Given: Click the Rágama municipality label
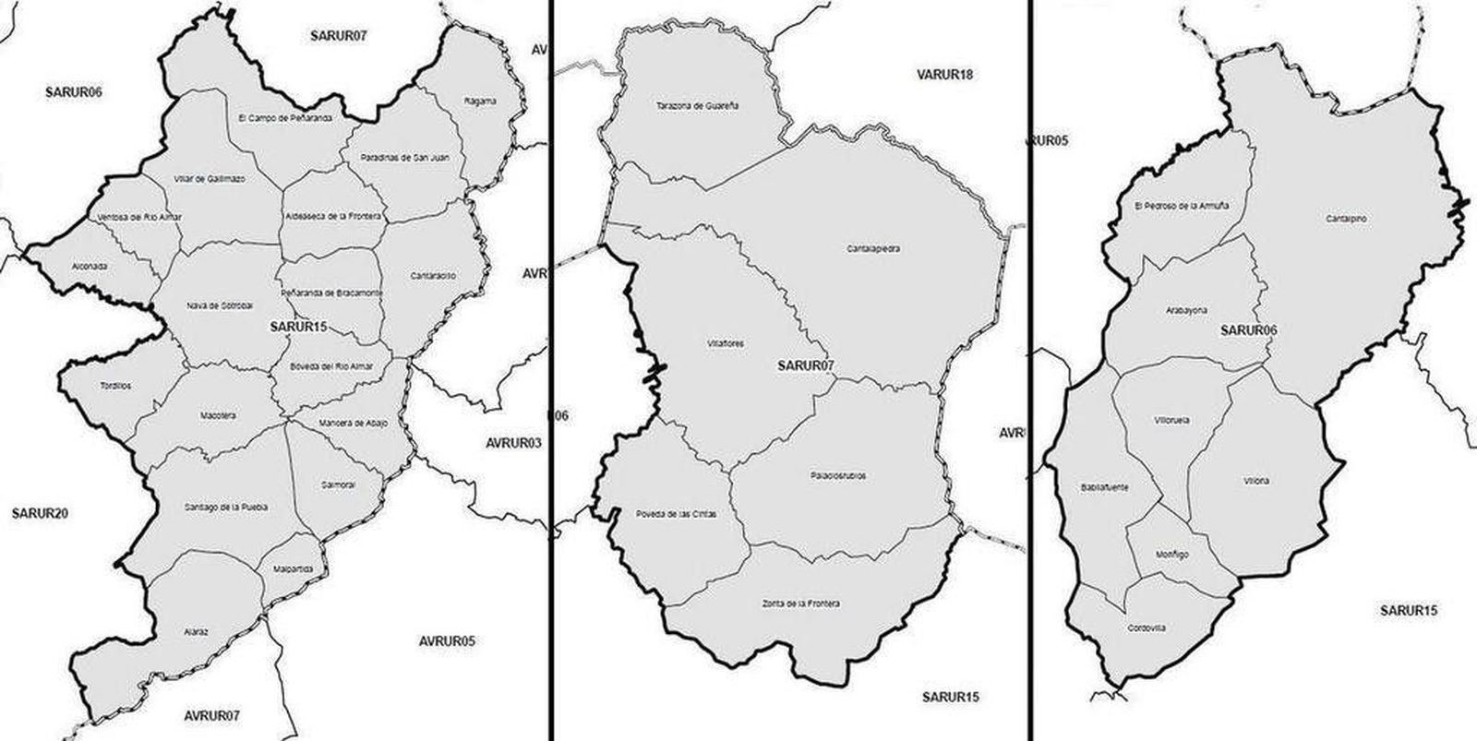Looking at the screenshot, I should click(481, 101).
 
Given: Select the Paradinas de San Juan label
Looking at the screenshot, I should click(404, 158).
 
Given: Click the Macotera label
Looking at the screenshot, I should click(218, 415).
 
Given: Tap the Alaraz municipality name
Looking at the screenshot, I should click(195, 632).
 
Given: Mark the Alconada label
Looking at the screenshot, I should click(89, 266).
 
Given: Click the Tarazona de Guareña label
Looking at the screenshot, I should click(698, 105).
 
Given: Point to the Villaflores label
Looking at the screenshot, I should click(726, 343).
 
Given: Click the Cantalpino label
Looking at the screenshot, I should click(1346, 219).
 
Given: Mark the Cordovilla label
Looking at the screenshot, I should click(1147, 628).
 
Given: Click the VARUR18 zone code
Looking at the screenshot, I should click(944, 74).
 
